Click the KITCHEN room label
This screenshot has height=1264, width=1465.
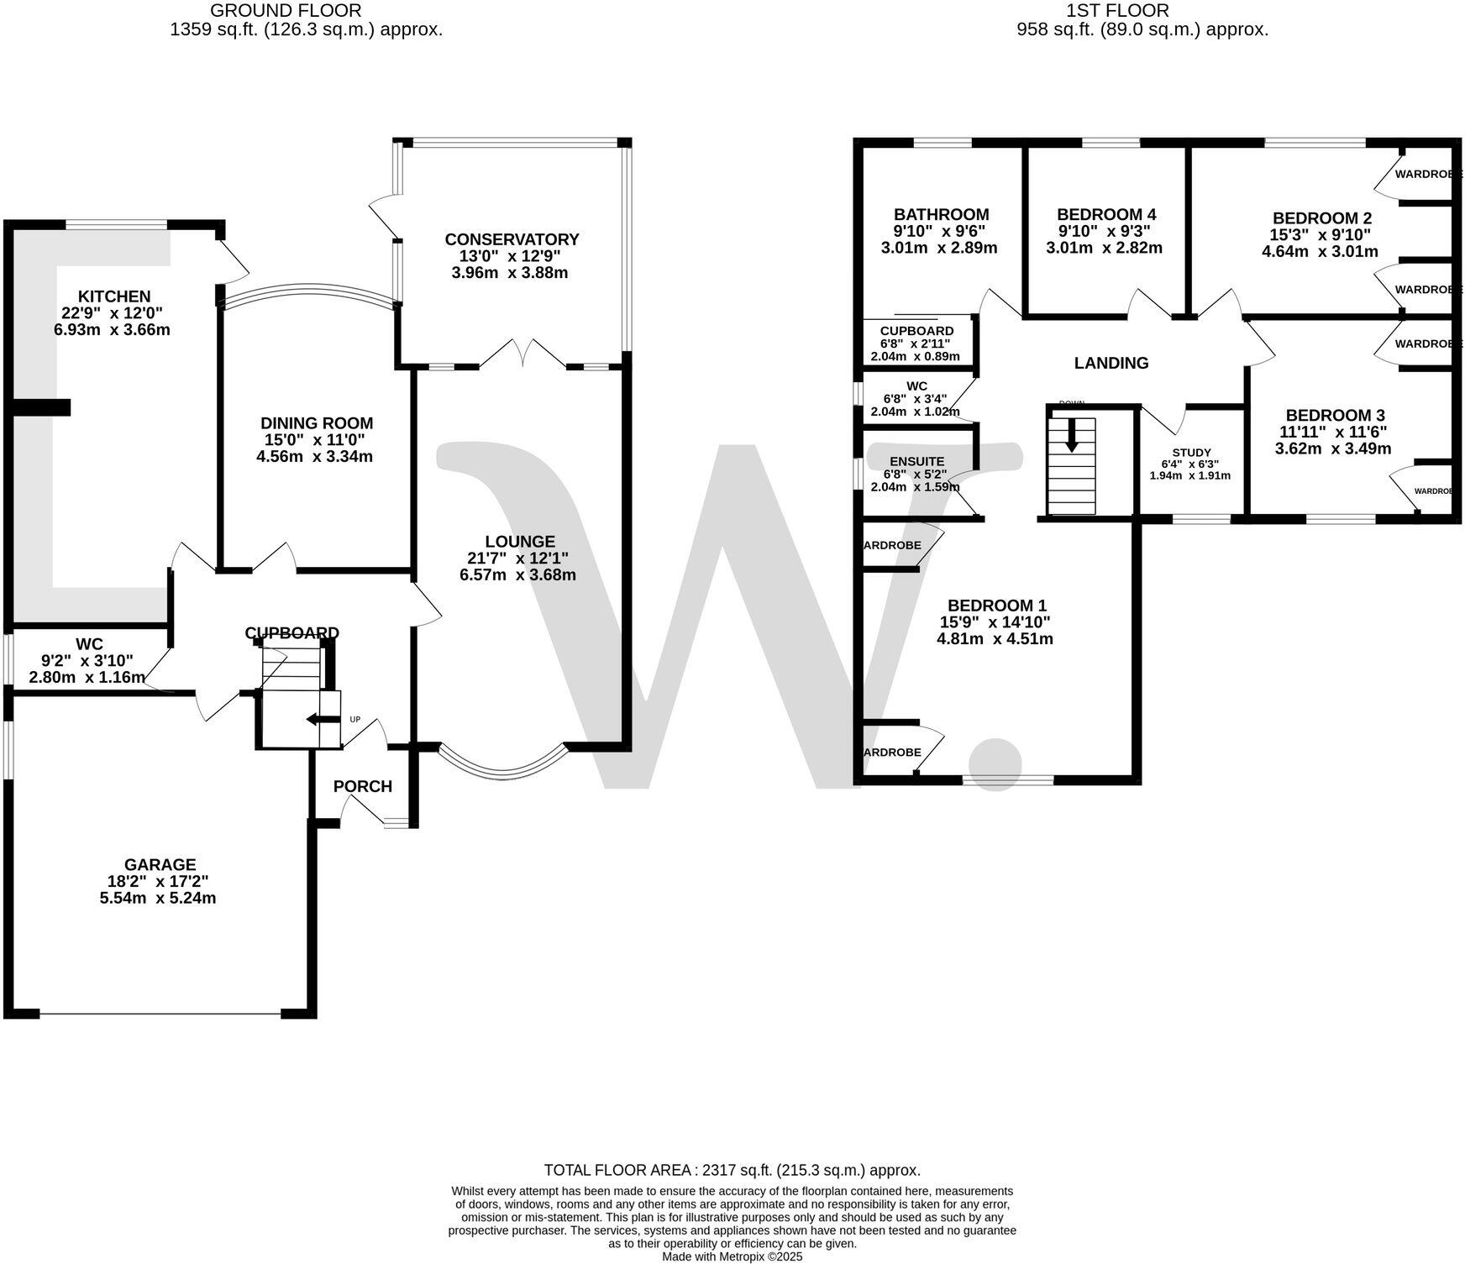pos(114,296)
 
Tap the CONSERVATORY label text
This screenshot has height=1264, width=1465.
pos(512,240)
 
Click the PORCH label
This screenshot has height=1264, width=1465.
pos(363,786)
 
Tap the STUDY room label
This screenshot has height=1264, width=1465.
pos(1191,453)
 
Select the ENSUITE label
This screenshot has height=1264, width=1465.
pos(917,461)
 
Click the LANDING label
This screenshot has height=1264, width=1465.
pos(1111,363)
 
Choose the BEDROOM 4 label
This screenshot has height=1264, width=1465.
pos(1100,214)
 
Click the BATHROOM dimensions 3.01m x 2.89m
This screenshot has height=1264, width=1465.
pos(938,248)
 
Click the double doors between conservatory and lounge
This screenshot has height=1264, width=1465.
pos(522,354)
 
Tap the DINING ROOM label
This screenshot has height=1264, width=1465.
pos(316,423)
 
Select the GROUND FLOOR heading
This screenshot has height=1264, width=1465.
pos(286,11)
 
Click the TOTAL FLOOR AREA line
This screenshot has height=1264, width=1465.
pos(732,1170)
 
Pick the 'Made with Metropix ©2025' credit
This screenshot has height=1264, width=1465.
pos(732,1256)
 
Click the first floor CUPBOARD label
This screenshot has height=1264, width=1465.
pos(916,331)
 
